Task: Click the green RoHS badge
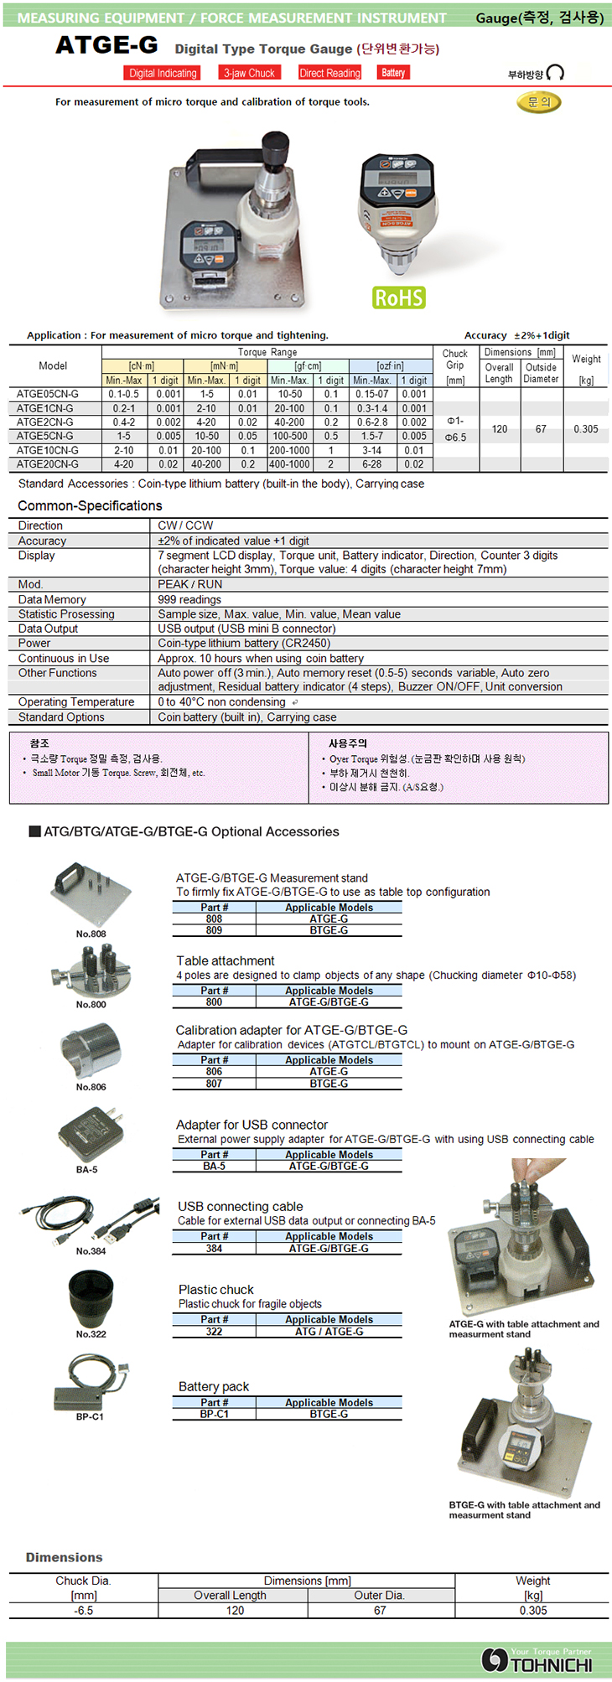[399, 298]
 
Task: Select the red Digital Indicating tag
[163, 73]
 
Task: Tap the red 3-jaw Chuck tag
[249, 73]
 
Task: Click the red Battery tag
[393, 73]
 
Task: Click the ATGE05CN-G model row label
[48, 394]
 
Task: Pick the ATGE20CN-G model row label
[48, 463]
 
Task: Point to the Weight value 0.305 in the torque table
[586, 429]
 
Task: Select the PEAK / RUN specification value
[190, 584]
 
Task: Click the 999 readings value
[189, 599]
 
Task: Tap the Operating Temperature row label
[76, 701]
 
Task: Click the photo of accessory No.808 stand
[91, 893]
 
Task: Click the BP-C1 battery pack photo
[90, 1384]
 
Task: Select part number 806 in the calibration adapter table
[215, 1071]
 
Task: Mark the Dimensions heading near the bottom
[64, 1557]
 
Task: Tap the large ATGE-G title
[106, 46]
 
